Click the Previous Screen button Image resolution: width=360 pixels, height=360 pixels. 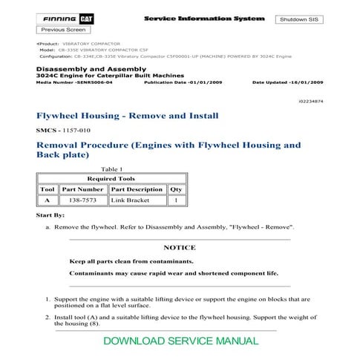click(59, 30)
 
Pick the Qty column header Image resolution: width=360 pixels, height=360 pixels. click(175, 189)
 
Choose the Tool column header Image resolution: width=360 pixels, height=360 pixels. click(46, 189)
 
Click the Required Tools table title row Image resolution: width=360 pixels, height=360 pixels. click(111, 179)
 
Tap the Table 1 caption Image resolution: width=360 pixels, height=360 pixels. click(111, 169)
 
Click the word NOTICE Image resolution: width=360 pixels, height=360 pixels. click(179, 248)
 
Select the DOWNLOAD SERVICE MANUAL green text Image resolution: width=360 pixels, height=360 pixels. click(181, 341)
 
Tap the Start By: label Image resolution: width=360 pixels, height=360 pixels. click(50, 215)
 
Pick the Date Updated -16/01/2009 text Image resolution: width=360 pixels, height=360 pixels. click(289, 83)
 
